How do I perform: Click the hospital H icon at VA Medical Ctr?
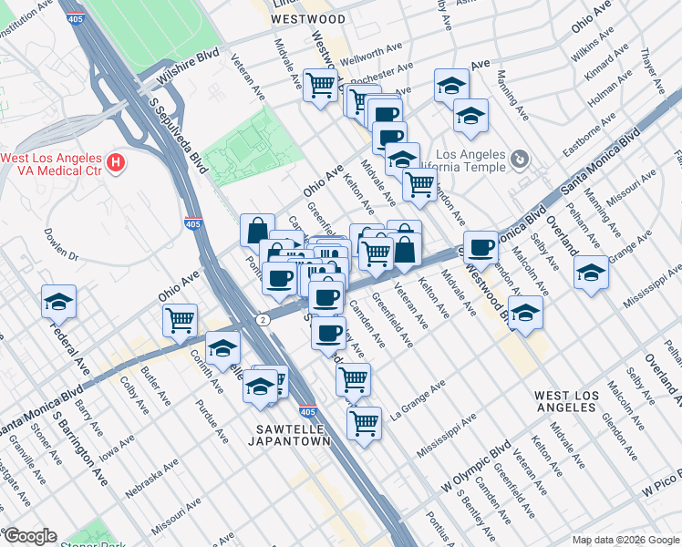pyautogui.click(x=115, y=164)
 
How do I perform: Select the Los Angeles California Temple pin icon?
pyautogui.click(x=519, y=160)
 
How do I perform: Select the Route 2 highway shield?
pyautogui.click(x=262, y=320)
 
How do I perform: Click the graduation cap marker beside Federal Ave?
pyautogui.click(x=59, y=301)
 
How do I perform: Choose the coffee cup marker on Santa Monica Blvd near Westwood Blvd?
pyautogui.click(x=480, y=246)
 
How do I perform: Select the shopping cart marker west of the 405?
pyautogui.click(x=181, y=319)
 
